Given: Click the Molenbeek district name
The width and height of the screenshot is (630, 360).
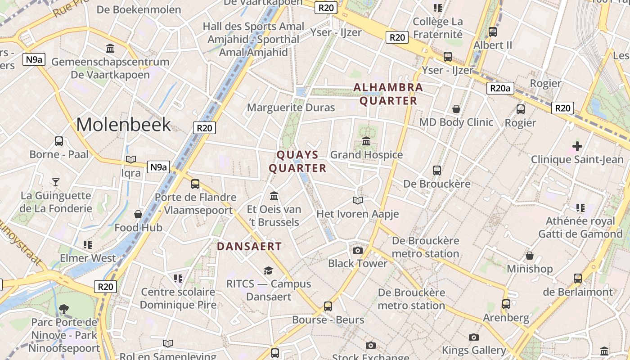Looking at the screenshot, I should [x=124, y=125].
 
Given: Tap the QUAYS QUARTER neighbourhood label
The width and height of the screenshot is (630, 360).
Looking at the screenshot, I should [x=297, y=162].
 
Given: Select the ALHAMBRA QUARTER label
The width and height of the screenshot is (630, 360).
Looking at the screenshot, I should [x=388, y=94].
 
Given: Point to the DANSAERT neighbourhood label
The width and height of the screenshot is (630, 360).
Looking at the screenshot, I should [x=249, y=247].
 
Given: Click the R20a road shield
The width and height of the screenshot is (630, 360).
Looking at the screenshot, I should [x=500, y=88].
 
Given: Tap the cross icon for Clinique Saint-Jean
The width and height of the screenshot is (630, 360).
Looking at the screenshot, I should [x=577, y=146].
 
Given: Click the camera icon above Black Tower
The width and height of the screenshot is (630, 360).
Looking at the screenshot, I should [x=358, y=250].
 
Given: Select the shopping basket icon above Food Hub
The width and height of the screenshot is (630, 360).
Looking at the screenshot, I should [x=138, y=214].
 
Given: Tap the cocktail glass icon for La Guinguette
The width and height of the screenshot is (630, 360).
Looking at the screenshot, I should [x=56, y=182].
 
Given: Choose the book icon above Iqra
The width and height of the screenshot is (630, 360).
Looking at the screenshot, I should [x=131, y=159].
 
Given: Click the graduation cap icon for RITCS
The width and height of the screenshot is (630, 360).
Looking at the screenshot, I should [x=269, y=270].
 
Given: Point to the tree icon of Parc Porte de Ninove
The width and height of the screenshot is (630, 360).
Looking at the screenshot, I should [x=64, y=309].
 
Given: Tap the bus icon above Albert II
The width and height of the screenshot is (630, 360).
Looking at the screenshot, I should [x=493, y=32].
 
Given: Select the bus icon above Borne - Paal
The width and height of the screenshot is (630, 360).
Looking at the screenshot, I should [x=59, y=141].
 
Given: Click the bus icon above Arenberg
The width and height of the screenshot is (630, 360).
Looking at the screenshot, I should [x=506, y=304].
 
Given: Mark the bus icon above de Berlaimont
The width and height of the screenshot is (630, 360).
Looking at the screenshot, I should [x=578, y=279].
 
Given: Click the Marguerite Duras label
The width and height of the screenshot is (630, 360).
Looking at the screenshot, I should [x=291, y=108].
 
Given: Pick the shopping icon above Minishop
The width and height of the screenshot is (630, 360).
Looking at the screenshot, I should [x=530, y=256].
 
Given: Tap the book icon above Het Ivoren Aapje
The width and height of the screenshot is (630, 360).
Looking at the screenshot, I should [x=358, y=200].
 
